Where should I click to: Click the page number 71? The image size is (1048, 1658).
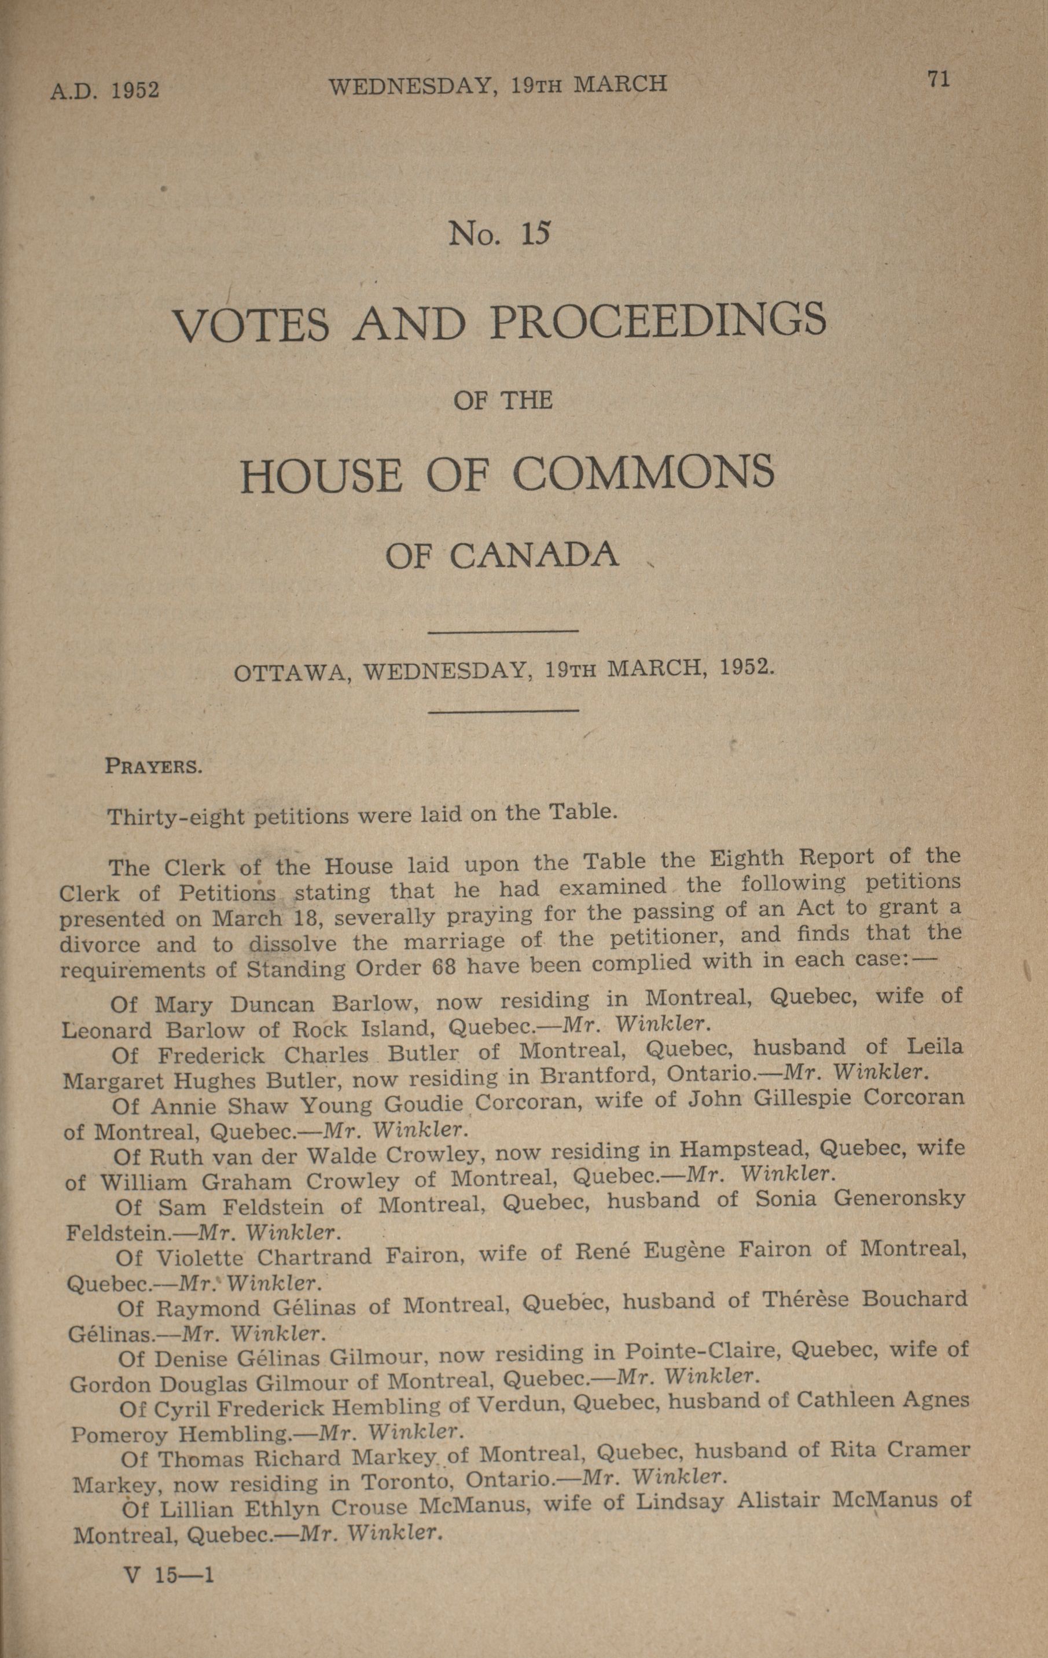coord(939,79)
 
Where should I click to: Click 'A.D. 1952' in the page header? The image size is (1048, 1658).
coord(105,90)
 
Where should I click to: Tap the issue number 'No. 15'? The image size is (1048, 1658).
coord(500,234)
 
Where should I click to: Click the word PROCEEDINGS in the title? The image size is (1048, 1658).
coord(657,322)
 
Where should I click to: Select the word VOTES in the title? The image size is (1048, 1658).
coord(251,325)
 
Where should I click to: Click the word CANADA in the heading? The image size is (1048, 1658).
coord(534,557)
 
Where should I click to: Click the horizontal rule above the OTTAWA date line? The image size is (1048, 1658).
coord(503,631)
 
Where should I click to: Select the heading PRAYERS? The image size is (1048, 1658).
coord(153,767)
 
